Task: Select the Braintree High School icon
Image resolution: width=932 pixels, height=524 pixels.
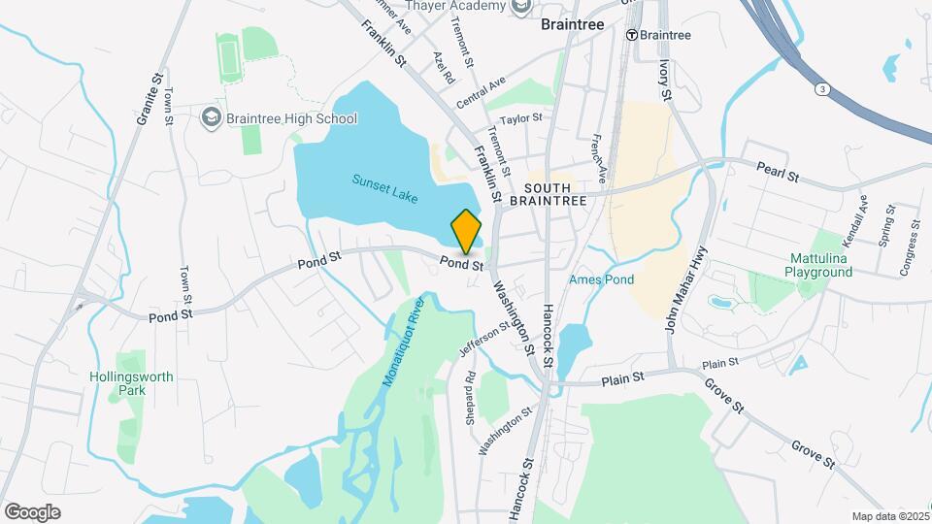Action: click(x=211, y=118)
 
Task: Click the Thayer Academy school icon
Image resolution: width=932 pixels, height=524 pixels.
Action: click(x=522, y=7)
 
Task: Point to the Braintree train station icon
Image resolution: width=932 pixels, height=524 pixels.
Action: click(x=631, y=35)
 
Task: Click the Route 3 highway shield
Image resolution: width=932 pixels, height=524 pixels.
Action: click(x=822, y=89)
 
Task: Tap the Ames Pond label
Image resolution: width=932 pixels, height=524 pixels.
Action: click(x=601, y=279)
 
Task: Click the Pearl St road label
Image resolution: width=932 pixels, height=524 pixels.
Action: click(x=779, y=178)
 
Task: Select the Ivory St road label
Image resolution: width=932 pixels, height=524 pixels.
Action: click(x=665, y=80)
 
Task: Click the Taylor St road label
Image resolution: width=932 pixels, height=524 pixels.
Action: click(x=521, y=117)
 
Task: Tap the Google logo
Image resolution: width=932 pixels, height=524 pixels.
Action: click(x=32, y=511)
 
